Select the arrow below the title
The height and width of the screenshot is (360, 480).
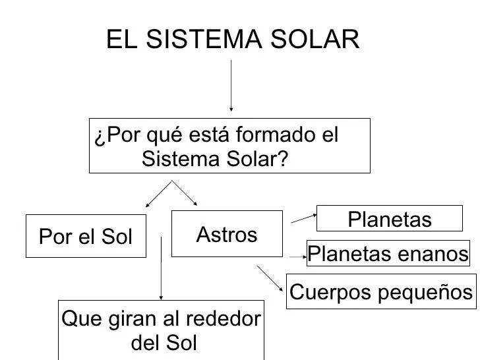231,86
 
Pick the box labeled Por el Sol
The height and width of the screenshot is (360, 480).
86,236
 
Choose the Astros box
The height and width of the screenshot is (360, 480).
226,233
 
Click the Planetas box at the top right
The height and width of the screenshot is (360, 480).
389,219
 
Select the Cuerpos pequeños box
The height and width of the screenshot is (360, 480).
382,291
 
